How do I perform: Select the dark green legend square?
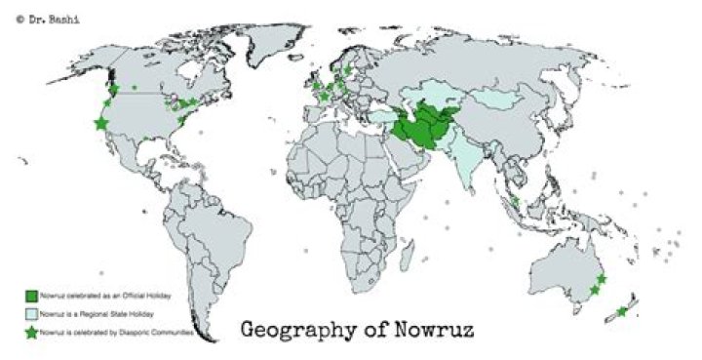click(x=31, y=294)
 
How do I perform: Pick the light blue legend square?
click(x=31, y=313)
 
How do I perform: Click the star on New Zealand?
click(x=622, y=312)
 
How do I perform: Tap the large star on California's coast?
click(x=99, y=123)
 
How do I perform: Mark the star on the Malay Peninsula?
click(x=515, y=202)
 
